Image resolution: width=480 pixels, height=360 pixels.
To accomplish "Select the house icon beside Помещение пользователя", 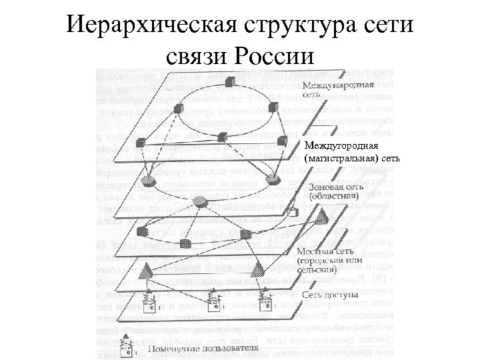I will coord(124,347).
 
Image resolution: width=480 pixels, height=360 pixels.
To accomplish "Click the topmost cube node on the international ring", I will coord(230,82).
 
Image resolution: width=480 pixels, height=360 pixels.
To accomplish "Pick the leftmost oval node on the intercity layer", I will coord(151,181).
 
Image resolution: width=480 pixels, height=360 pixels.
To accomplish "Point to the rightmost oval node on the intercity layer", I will coord(273,179).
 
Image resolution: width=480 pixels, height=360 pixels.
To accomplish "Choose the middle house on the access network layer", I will coord(215,303).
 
